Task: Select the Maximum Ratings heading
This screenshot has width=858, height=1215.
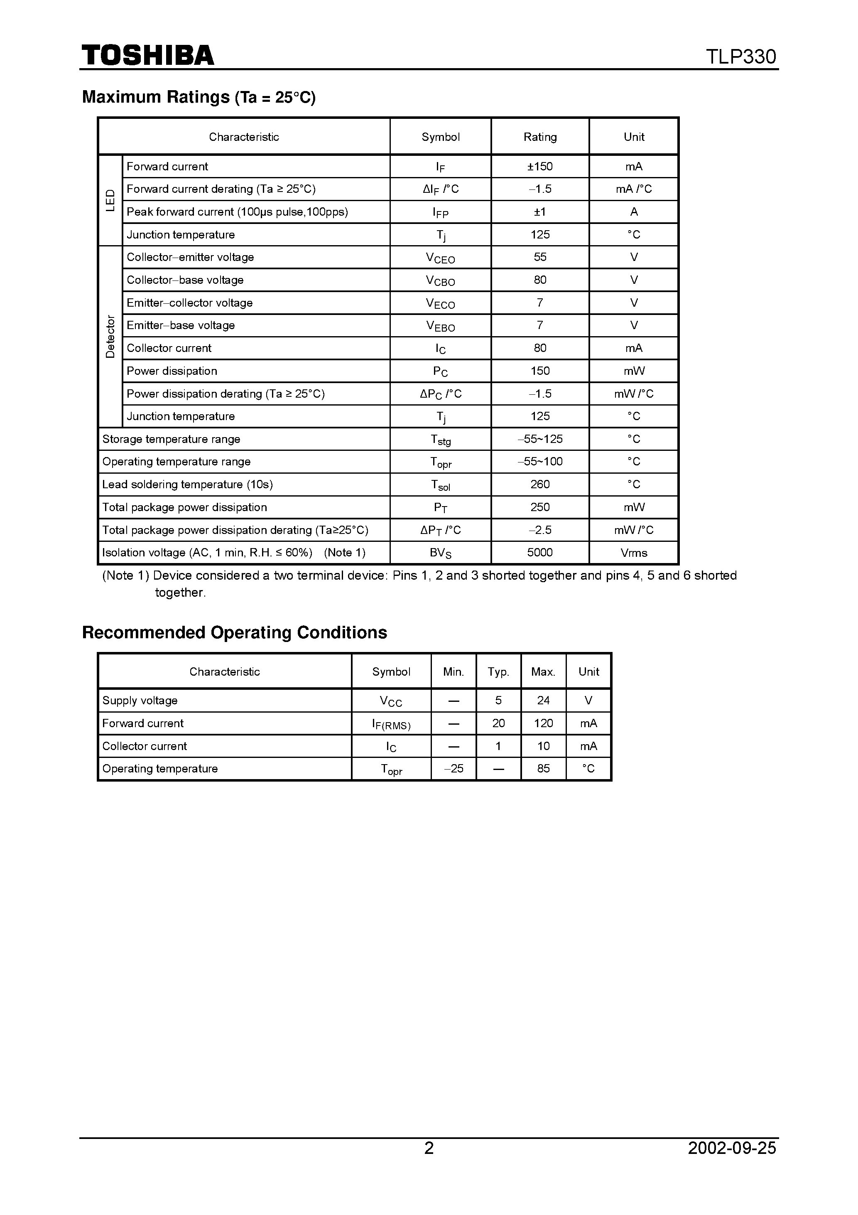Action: [199, 97]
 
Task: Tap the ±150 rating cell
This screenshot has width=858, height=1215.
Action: [539, 167]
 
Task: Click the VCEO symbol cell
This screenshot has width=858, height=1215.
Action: [440, 258]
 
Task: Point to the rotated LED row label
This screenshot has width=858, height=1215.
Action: [110, 201]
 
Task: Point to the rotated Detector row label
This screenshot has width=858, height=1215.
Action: [110, 337]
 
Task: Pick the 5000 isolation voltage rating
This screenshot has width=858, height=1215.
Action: [539, 553]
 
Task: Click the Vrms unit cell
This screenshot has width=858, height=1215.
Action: [633, 553]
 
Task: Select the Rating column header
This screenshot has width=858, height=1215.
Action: [539, 137]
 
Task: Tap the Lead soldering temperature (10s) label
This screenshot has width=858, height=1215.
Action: [187, 485]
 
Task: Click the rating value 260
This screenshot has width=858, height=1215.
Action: [539, 485]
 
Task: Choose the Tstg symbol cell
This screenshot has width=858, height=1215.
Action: [440, 440]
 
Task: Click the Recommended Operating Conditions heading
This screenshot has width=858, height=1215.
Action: [234, 633]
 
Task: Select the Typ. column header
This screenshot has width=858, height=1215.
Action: [498, 672]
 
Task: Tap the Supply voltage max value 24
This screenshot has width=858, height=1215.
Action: [543, 701]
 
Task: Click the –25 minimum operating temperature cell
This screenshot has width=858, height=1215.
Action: [454, 769]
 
